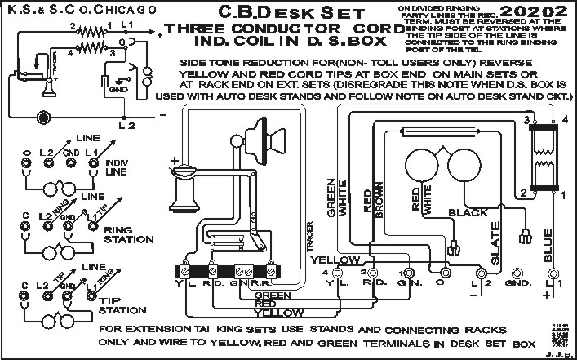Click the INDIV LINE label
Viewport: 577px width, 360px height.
pyautogui.click(x=117, y=167)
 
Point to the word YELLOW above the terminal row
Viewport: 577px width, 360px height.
pyautogui.click(x=335, y=260)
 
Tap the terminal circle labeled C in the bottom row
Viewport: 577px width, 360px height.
pyautogui.click(x=446, y=272)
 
